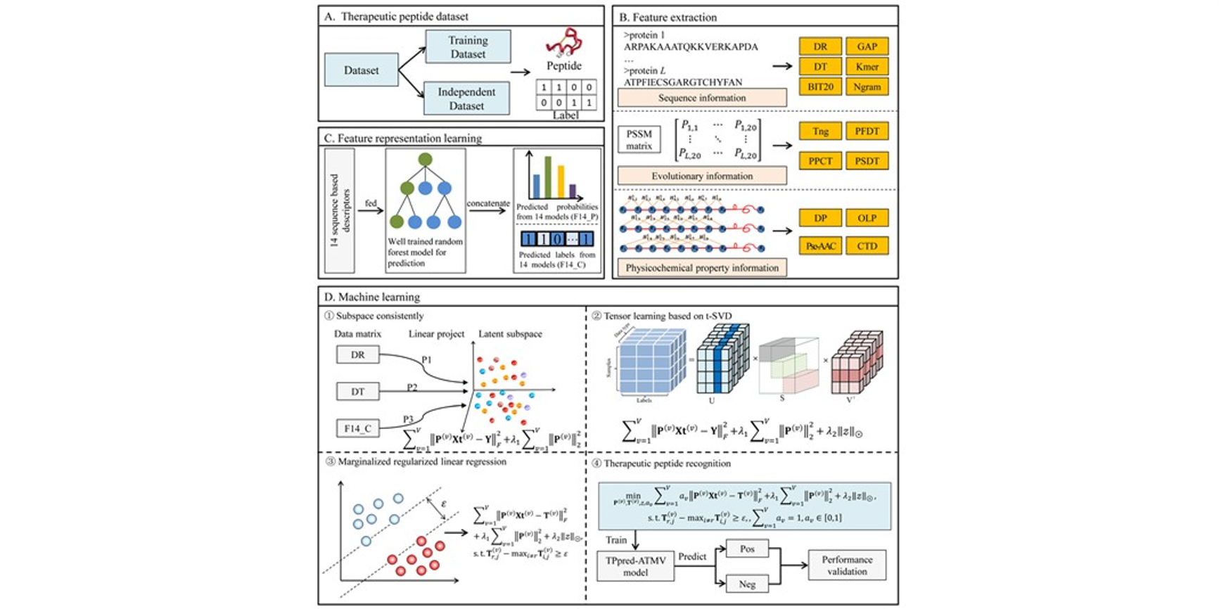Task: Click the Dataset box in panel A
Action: click(x=361, y=70)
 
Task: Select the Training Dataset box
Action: click(x=468, y=47)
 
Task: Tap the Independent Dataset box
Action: click(x=466, y=98)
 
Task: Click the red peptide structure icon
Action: click(x=563, y=44)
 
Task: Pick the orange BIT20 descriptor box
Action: click(x=820, y=86)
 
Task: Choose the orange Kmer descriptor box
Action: click(x=867, y=67)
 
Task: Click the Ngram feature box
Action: click(x=867, y=86)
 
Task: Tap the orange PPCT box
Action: click(x=820, y=161)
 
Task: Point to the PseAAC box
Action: click(x=820, y=246)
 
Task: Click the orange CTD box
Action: click(x=867, y=246)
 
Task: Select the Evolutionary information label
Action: click(x=701, y=176)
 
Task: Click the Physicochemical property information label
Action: click(x=701, y=268)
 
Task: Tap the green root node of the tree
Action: click(x=425, y=160)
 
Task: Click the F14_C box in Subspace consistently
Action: click(x=357, y=428)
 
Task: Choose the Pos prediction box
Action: click(x=747, y=549)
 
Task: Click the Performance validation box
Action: click(x=847, y=565)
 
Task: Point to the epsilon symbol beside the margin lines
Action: click(x=443, y=504)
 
